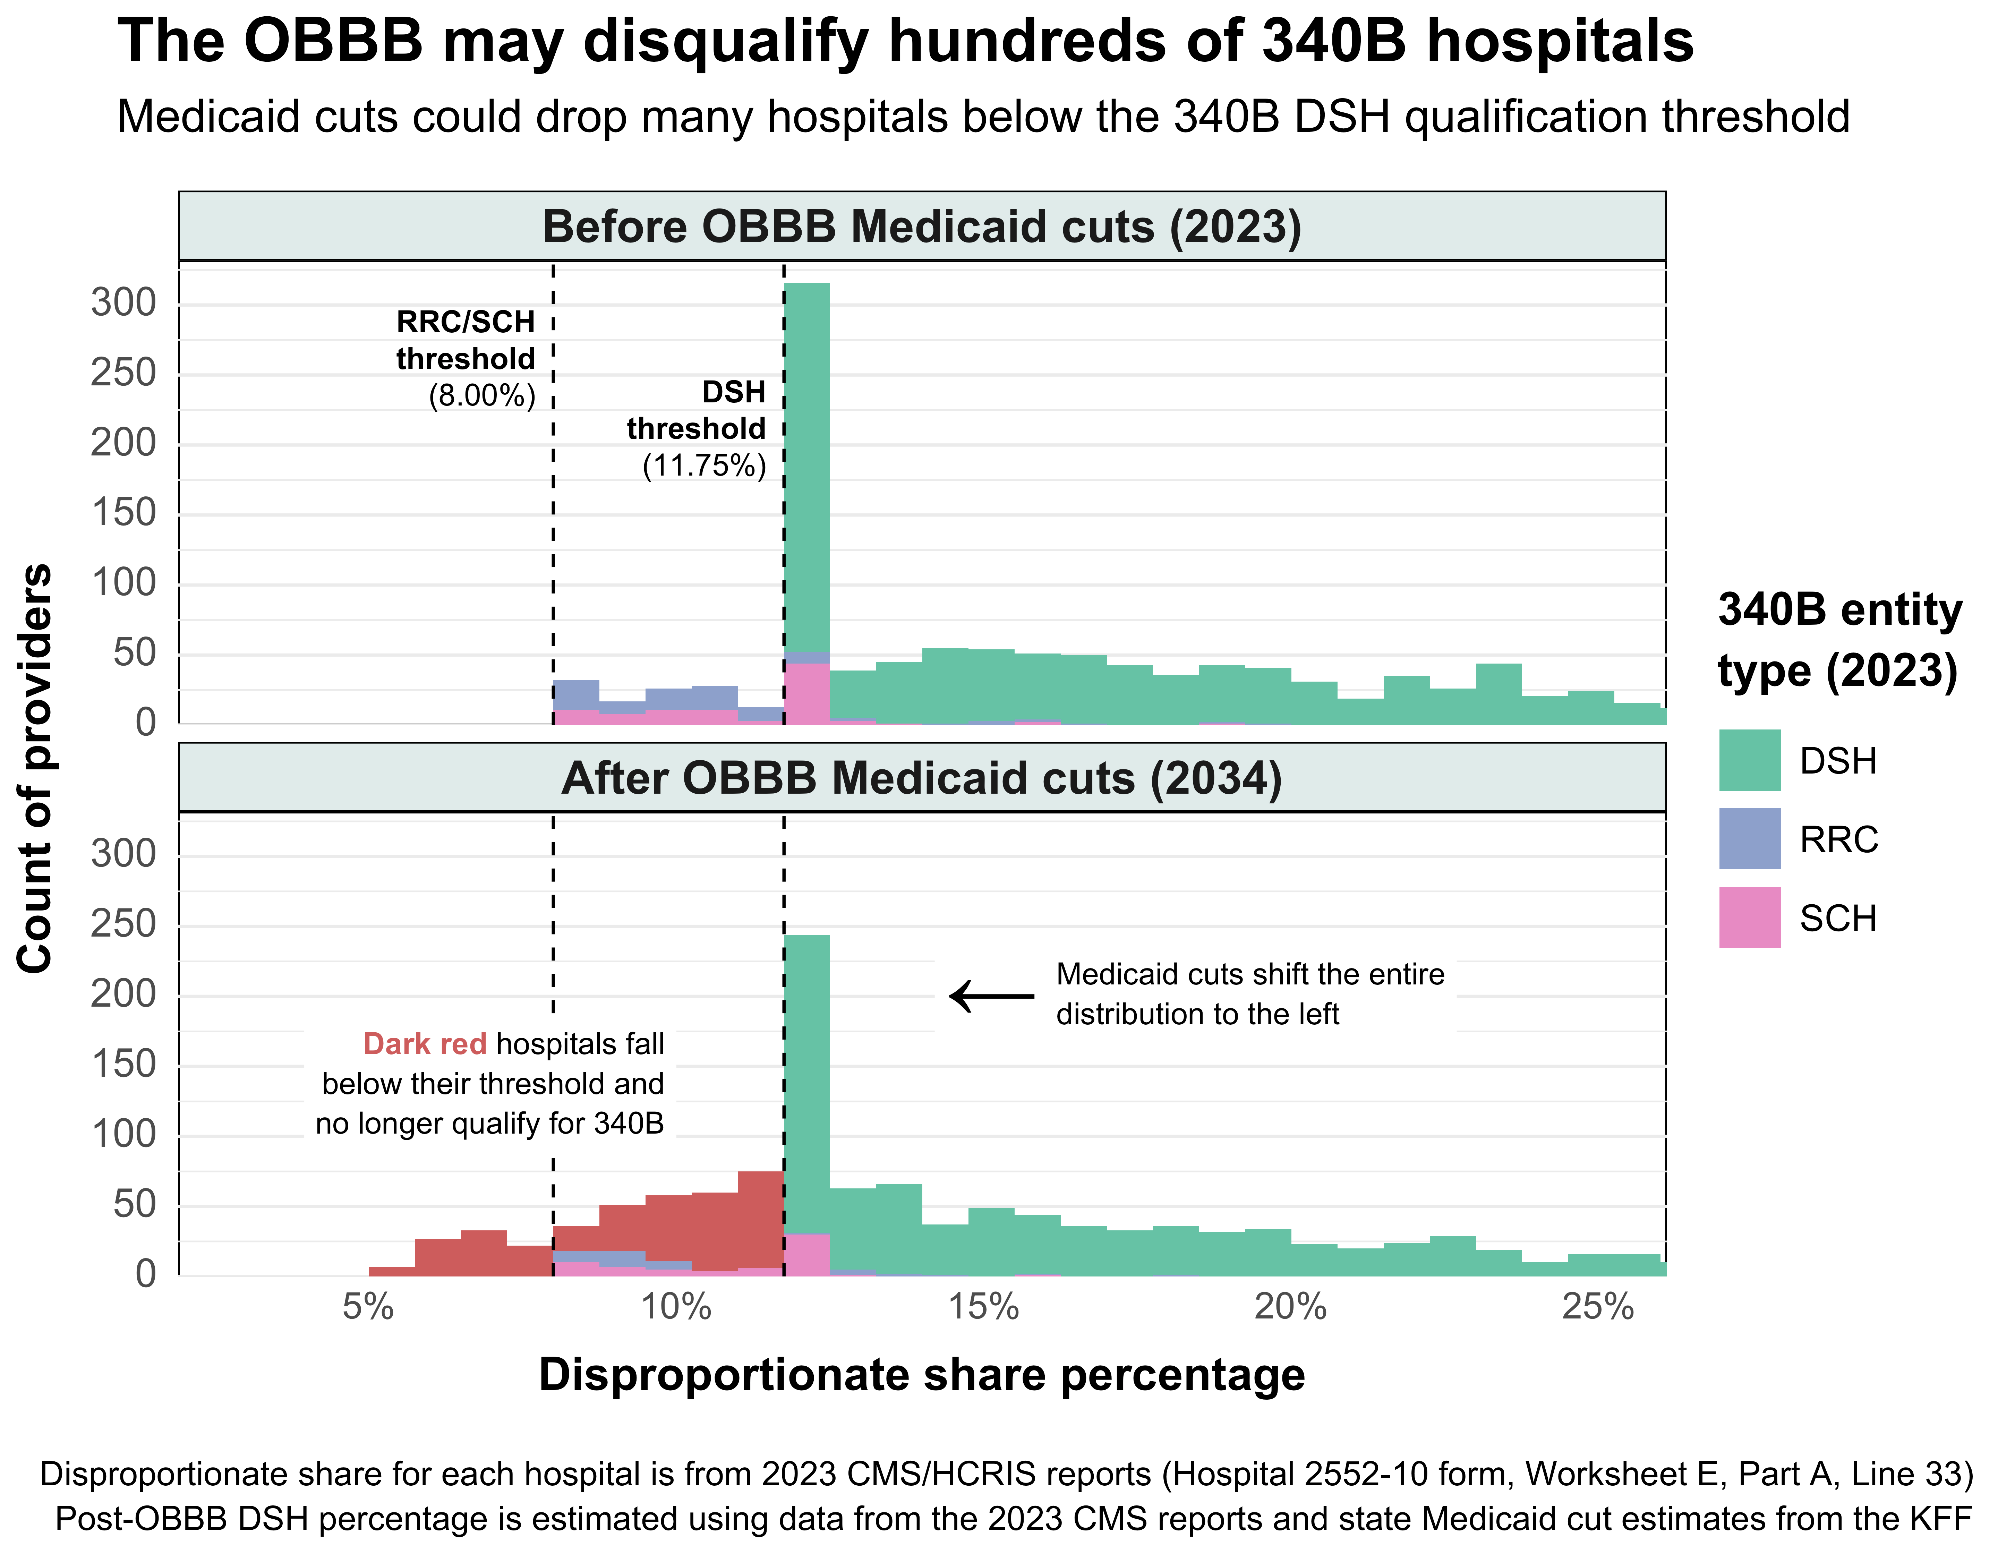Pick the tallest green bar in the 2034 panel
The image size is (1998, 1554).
click(x=807, y=1079)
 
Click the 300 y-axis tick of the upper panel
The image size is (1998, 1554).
click(x=123, y=303)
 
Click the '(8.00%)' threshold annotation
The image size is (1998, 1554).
click(x=482, y=396)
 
